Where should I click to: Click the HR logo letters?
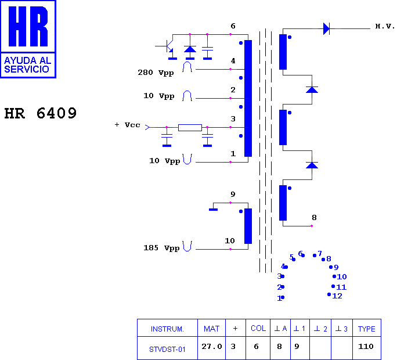(x=28, y=26)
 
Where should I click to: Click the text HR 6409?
(x=40, y=113)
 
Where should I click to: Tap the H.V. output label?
(x=385, y=26)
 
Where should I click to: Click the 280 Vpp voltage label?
(x=156, y=73)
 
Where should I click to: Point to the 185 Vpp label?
(x=161, y=248)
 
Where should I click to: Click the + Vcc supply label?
(x=127, y=125)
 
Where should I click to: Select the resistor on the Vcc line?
(x=190, y=127)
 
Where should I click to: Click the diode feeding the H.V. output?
(x=326, y=28)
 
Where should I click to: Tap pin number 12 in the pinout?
(x=337, y=296)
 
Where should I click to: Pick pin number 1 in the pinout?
(x=279, y=298)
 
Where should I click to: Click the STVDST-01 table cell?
(x=167, y=350)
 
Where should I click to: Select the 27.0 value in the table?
(x=212, y=346)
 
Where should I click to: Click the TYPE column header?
(x=367, y=329)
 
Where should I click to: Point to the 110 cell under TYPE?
(x=366, y=346)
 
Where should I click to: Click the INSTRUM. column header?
(x=167, y=329)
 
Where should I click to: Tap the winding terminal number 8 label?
(x=314, y=218)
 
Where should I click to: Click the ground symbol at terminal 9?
(x=213, y=210)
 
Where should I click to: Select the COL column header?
(x=258, y=328)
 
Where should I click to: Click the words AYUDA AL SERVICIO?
(x=28, y=65)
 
